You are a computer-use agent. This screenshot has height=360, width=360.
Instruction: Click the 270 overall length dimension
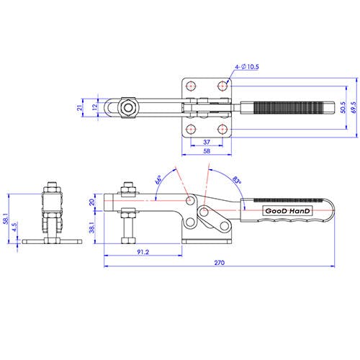pyautogui.click(x=220, y=263)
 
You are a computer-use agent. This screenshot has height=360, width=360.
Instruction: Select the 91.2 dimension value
pyautogui.click(x=143, y=252)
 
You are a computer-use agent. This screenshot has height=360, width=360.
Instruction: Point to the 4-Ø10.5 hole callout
pyautogui.click(x=247, y=67)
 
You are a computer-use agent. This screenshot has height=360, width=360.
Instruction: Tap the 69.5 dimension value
pyautogui.click(x=354, y=107)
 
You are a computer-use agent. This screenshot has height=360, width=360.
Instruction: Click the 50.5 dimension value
pyautogui.click(x=343, y=107)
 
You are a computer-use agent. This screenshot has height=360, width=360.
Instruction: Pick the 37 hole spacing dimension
pyautogui.click(x=207, y=142)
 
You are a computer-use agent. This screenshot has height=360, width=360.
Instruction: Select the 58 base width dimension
pyautogui.click(x=207, y=151)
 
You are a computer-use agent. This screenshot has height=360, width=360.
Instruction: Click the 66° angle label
pyautogui.click(x=158, y=180)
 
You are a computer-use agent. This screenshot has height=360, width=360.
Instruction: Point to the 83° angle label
pyautogui.click(x=237, y=180)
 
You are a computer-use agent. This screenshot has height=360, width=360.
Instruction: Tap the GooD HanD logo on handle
pyautogui.click(x=287, y=211)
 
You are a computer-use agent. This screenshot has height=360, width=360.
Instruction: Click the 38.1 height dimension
pyautogui.click(x=92, y=228)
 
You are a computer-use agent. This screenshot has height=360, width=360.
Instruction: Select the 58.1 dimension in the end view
pyautogui.click(x=6, y=219)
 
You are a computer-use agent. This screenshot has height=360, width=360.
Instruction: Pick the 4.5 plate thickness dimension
pyautogui.click(x=14, y=227)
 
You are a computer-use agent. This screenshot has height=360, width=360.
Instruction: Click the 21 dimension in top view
pyautogui.click(x=79, y=108)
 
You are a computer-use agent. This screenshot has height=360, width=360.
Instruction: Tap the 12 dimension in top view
pyautogui.click(x=95, y=107)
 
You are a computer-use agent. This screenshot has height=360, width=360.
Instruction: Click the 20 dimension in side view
pyautogui.click(x=92, y=202)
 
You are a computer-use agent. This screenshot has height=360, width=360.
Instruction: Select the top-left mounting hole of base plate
pyautogui.click(x=191, y=86)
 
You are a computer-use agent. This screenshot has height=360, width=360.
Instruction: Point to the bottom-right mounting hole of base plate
pyautogui.click(x=222, y=130)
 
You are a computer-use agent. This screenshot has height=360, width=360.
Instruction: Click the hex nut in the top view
pyautogui.click(x=128, y=108)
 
